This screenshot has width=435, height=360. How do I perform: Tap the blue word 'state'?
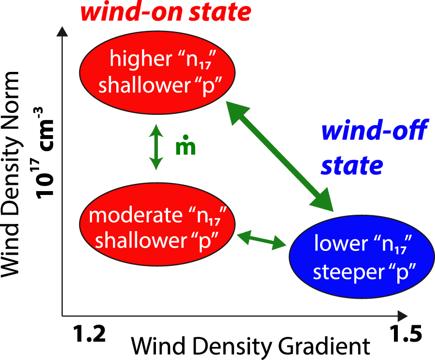(x=352, y=165)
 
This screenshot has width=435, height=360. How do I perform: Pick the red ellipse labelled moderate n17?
(x=158, y=226)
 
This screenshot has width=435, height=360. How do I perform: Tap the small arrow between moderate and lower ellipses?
(x=262, y=240)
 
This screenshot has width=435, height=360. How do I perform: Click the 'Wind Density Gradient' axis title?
(x=251, y=347)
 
